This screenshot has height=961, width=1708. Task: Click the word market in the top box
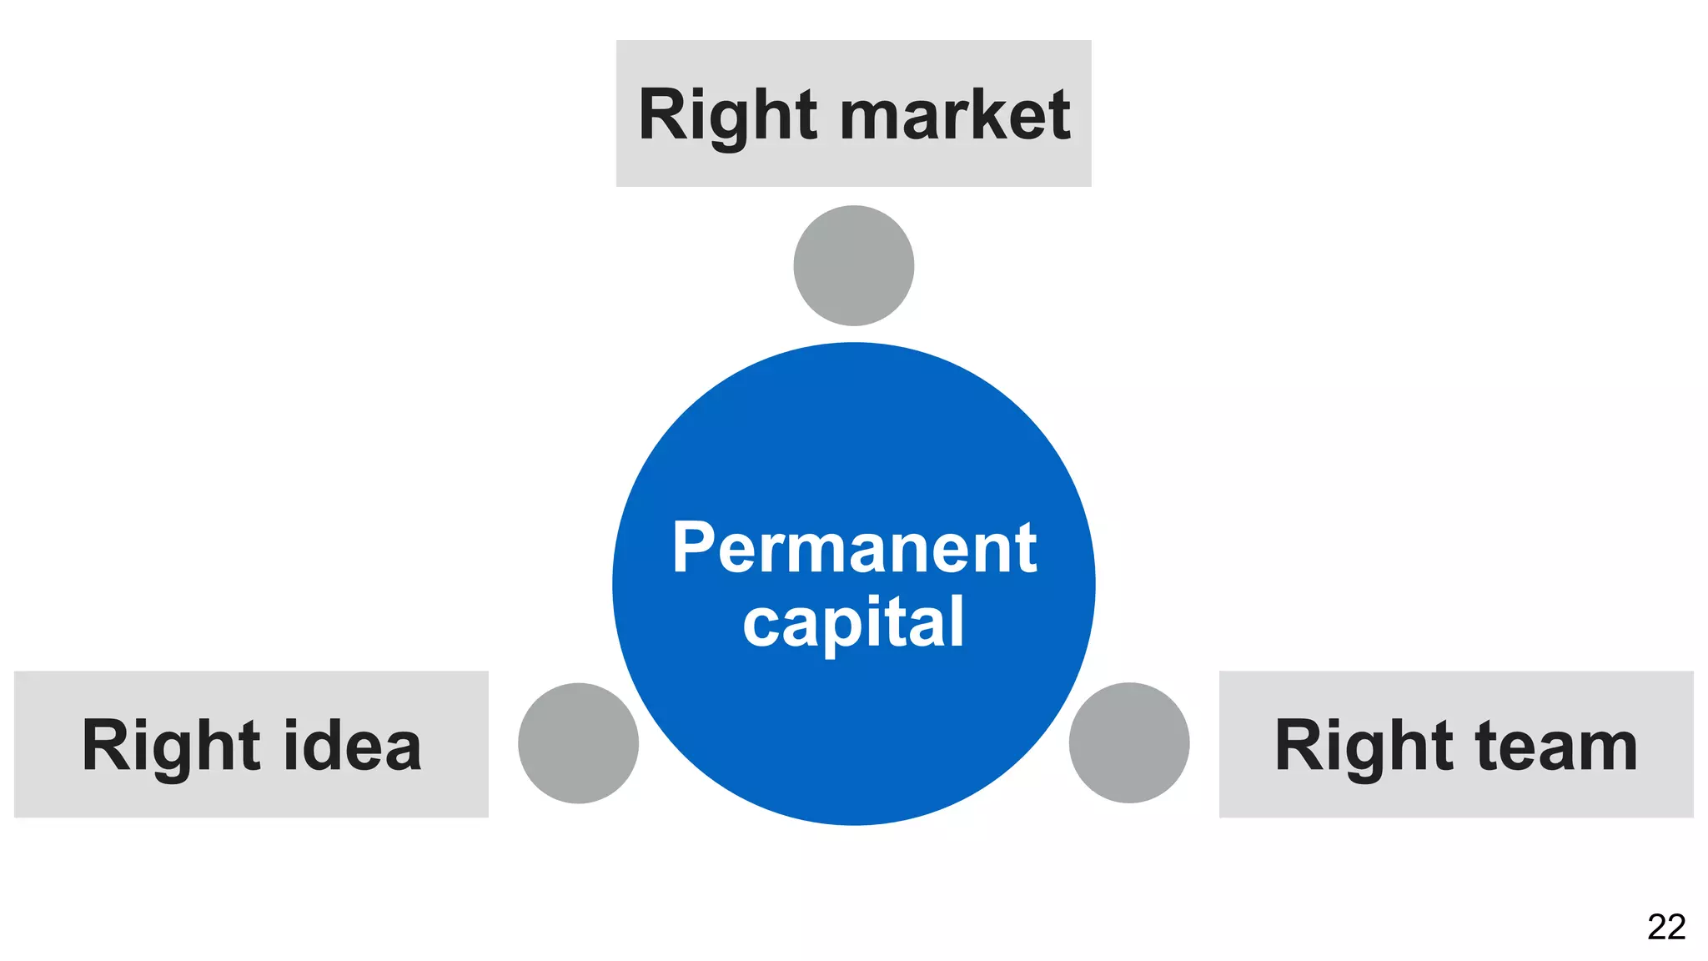pos(955,115)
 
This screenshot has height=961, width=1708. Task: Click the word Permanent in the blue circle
pos(854,548)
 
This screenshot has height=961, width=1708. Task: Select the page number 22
pos(1666,927)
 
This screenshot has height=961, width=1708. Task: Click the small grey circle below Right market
pos(854,265)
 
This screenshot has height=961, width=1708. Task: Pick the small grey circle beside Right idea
pos(578,743)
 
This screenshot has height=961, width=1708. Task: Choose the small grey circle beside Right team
pos(1129,743)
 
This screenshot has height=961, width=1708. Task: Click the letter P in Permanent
pos(694,548)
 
